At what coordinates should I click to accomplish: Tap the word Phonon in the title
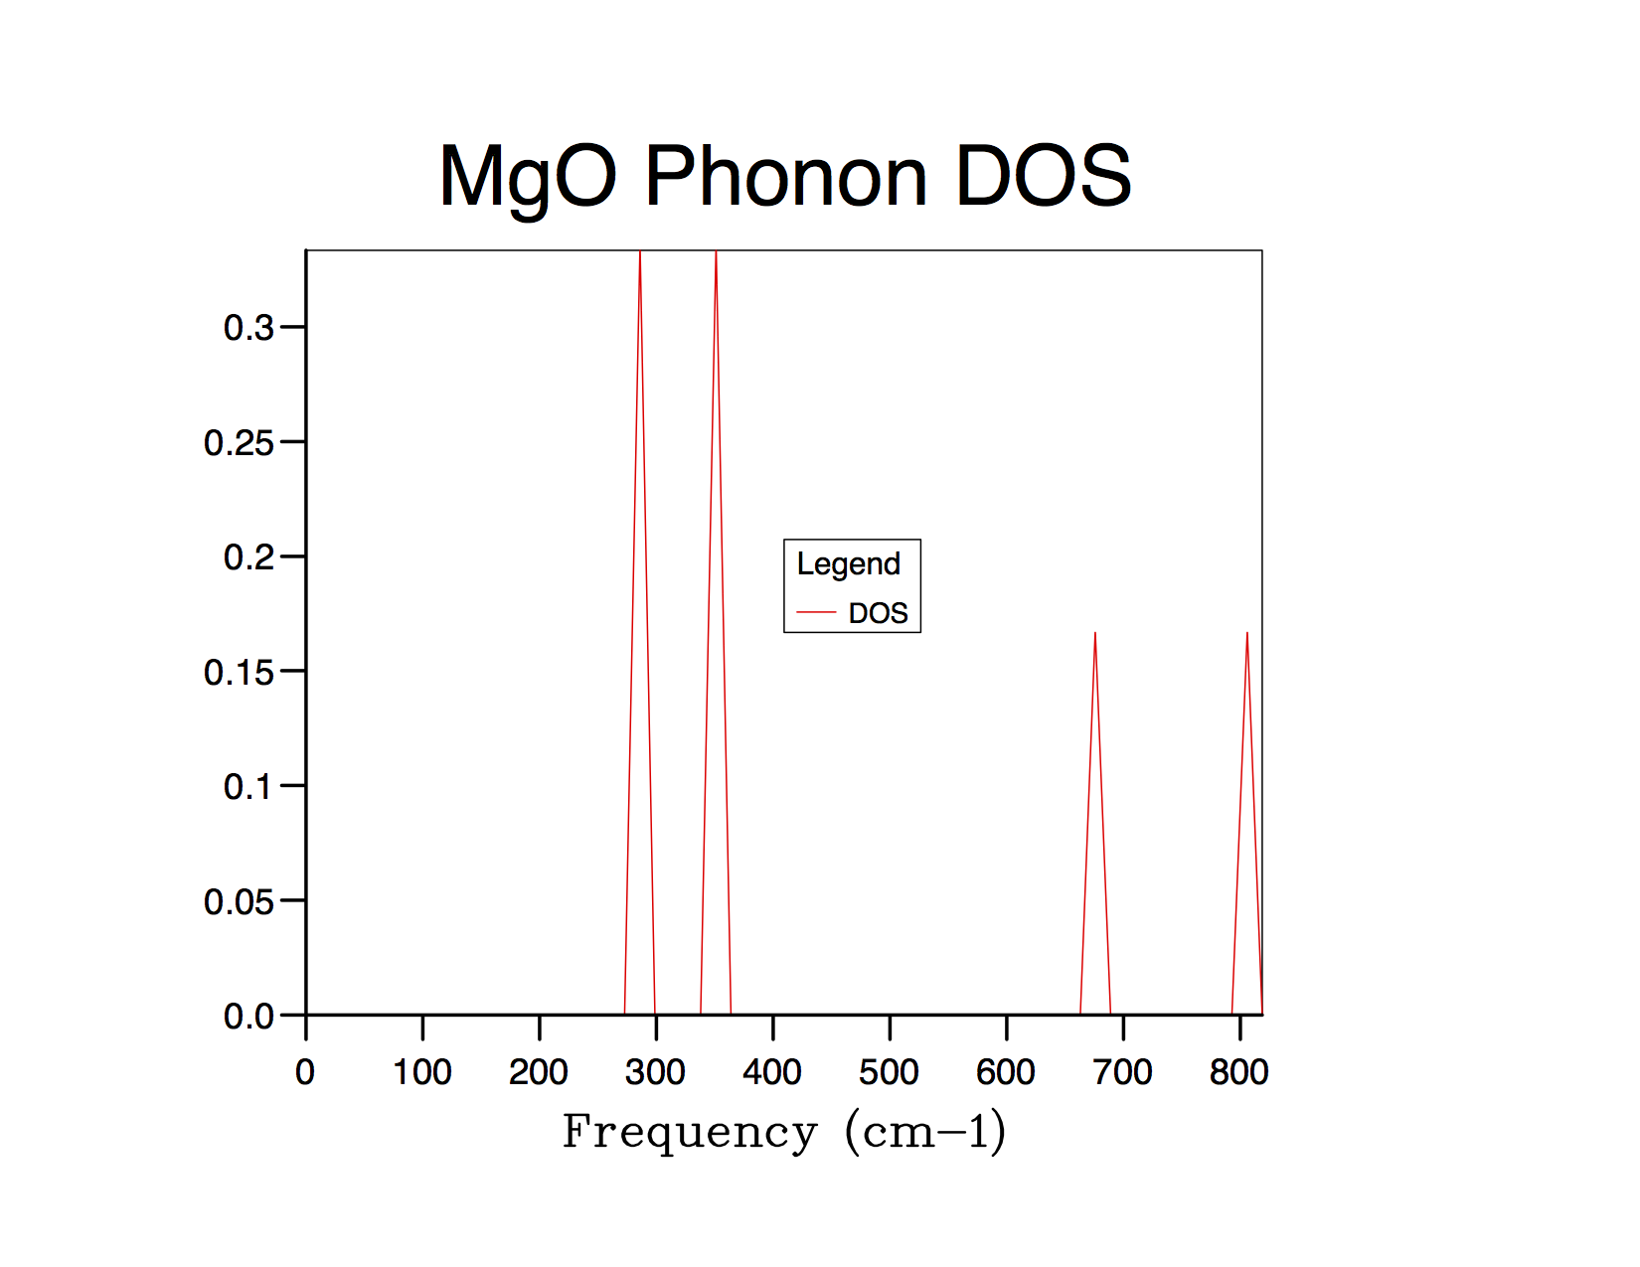click(785, 177)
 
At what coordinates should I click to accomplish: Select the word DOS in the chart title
click(1043, 177)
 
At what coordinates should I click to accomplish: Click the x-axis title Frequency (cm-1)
click(784, 1132)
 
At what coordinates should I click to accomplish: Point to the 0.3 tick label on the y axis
click(248, 327)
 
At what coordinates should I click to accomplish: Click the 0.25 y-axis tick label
click(239, 442)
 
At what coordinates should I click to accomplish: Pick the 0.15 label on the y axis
click(239, 672)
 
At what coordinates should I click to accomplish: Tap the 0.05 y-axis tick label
click(239, 901)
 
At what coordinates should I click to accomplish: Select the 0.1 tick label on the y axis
click(248, 786)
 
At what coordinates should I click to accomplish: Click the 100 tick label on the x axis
click(422, 1072)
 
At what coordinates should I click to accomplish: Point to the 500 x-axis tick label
click(890, 1072)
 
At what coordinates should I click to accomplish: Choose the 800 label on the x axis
click(1239, 1072)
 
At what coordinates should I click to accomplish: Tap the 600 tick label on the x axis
click(1006, 1072)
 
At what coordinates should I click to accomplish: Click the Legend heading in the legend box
click(849, 563)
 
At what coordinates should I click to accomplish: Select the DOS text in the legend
click(879, 613)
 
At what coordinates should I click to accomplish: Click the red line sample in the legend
click(816, 613)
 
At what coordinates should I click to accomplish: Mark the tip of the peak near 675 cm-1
click(1095, 633)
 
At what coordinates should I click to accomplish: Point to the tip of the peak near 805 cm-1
click(1247, 633)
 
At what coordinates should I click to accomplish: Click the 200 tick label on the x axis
click(539, 1072)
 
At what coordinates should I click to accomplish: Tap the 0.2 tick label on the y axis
click(248, 556)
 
